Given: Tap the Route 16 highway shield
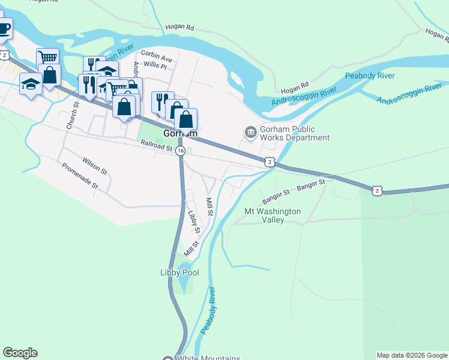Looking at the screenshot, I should tap(180, 152).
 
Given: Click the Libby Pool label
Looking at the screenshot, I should tap(179, 272).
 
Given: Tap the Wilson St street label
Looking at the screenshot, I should tap(95, 166).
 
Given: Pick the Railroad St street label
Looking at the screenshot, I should tap(157, 144).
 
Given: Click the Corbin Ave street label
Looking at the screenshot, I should tap(157, 59).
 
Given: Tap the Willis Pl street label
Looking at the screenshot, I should tap(155, 67).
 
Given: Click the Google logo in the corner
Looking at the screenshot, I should tap(20, 353).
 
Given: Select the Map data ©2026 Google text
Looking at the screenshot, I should tap(412, 355).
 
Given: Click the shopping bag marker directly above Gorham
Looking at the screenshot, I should tap(186, 119).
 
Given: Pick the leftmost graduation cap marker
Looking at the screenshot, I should tap(31, 85).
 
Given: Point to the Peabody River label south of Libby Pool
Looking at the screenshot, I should tap(208, 311).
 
